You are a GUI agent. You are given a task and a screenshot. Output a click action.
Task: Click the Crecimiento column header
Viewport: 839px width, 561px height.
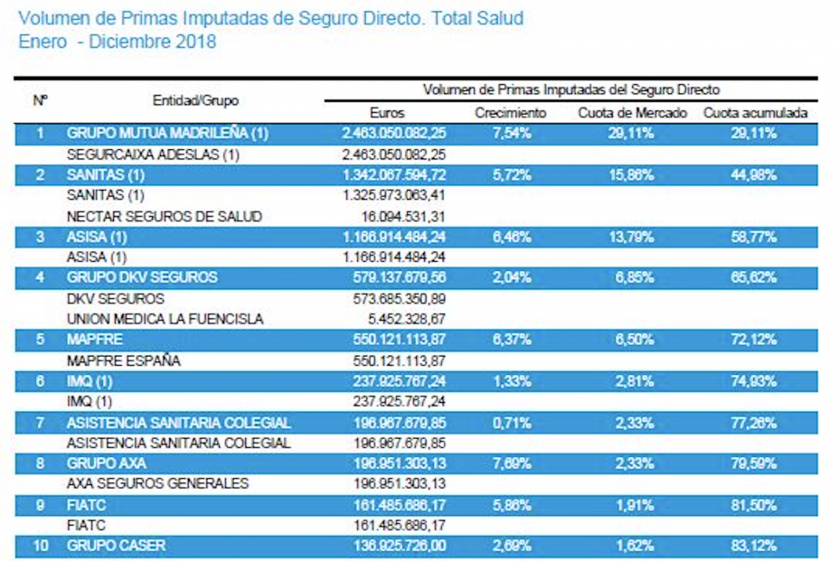[511, 113]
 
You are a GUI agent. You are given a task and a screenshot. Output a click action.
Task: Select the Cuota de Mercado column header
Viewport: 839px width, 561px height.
[633, 113]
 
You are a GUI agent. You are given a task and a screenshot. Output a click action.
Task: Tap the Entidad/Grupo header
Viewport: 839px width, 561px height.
[195, 101]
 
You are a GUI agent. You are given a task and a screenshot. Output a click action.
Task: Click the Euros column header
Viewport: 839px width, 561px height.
[388, 113]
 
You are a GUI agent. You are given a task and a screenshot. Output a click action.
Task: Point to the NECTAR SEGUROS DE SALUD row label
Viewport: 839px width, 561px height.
[165, 216]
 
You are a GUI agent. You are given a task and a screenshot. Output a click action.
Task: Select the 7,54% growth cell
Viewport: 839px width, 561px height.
[512, 134]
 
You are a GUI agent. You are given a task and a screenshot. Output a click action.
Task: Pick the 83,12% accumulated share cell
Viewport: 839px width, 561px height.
[754, 546]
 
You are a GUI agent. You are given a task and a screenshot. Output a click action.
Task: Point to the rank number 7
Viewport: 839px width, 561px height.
[40, 422]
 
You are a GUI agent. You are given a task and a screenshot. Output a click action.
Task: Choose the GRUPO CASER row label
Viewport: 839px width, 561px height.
[116, 546]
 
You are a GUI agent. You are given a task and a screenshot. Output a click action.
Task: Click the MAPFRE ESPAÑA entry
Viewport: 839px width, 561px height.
[124, 360]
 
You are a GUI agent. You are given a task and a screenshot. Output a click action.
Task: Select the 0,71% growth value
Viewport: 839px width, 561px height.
[512, 422]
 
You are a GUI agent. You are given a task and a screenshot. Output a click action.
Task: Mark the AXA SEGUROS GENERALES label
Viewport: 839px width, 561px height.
[157, 483]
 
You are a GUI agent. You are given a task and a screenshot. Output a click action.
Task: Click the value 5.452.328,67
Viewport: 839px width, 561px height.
[401, 319]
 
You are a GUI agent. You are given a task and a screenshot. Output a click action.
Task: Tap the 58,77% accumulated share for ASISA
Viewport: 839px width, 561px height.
[754, 237]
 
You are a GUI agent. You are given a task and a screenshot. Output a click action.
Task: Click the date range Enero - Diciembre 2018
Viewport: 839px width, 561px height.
[117, 42]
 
